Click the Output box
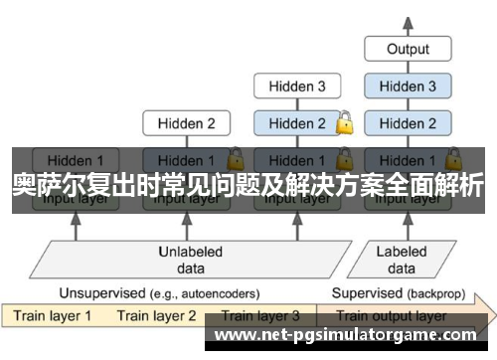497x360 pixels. click(x=408, y=49)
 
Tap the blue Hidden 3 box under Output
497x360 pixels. click(x=408, y=87)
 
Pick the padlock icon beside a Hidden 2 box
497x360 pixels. click(x=345, y=124)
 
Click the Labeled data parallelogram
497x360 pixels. click(x=402, y=259)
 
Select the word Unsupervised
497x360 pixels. click(x=100, y=293)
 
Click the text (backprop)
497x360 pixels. click(x=434, y=293)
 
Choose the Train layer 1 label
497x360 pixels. click(x=52, y=316)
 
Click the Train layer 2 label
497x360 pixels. click(x=157, y=316)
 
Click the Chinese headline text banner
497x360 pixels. click(x=248, y=184)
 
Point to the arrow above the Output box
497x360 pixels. click(x=408, y=22)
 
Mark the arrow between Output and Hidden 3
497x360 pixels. click(x=408, y=68)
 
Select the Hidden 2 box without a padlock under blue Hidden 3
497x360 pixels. click(x=408, y=124)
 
